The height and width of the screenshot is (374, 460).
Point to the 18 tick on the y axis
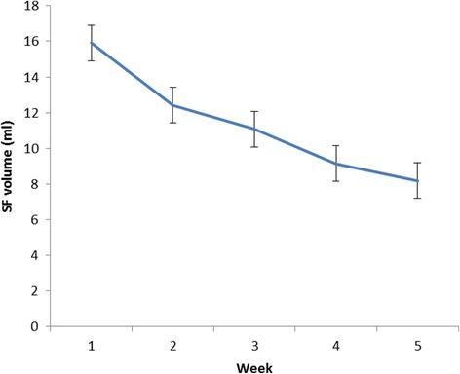(x=33, y=7)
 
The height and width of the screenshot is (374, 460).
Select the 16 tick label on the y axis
(x=33, y=42)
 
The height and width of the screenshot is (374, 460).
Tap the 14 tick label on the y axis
(x=33, y=78)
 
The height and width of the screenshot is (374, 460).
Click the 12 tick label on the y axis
(x=33, y=113)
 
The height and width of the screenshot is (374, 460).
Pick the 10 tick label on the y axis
(x=33, y=149)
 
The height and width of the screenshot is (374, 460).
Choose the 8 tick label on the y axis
(x=36, y=184)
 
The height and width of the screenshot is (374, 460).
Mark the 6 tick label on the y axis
(x=36, y=220)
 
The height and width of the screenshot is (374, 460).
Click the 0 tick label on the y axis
(x=36, y=326)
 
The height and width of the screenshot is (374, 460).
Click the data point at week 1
(x=91, y=43)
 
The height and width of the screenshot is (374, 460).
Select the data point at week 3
(x=254, y=129)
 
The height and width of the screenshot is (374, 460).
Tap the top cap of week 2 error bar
(x=172, y=87)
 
